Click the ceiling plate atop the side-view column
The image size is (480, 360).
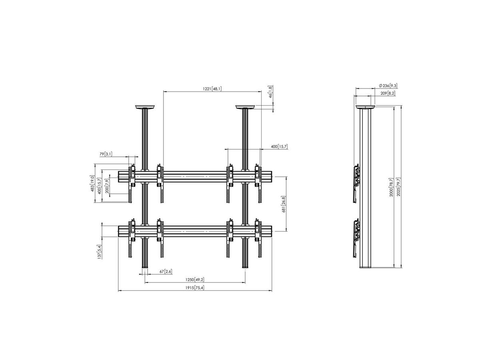[365, 107]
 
